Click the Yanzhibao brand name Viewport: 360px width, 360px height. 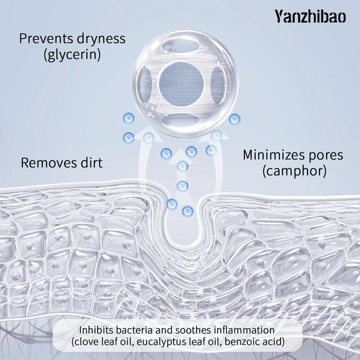(310, 17)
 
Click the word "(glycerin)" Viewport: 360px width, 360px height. (72, 55)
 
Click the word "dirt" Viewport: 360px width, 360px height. (90, 163)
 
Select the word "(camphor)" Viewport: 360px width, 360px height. (294, 171)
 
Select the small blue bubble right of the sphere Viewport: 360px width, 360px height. (235, 120)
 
